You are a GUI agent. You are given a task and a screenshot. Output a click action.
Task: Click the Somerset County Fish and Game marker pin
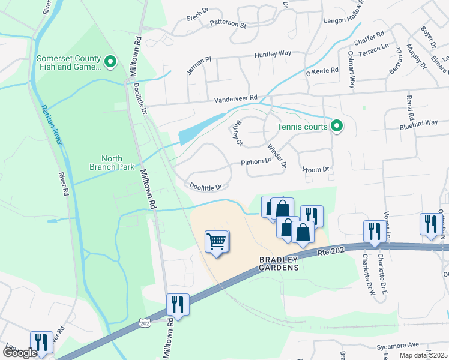coord(110,61)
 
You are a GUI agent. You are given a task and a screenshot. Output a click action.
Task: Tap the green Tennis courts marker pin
coord(337,126)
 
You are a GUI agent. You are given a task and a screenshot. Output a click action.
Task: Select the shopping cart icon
coord(217,242)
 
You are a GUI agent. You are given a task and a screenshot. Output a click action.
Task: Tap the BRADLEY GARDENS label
coord(279,263)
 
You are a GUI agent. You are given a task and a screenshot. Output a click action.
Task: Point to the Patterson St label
coord(228,25)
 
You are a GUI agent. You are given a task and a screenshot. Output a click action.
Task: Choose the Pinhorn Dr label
coord(256,162)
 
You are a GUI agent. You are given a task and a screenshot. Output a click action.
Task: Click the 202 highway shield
coord(145,323)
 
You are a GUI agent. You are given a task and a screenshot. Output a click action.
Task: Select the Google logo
coord(20,353)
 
